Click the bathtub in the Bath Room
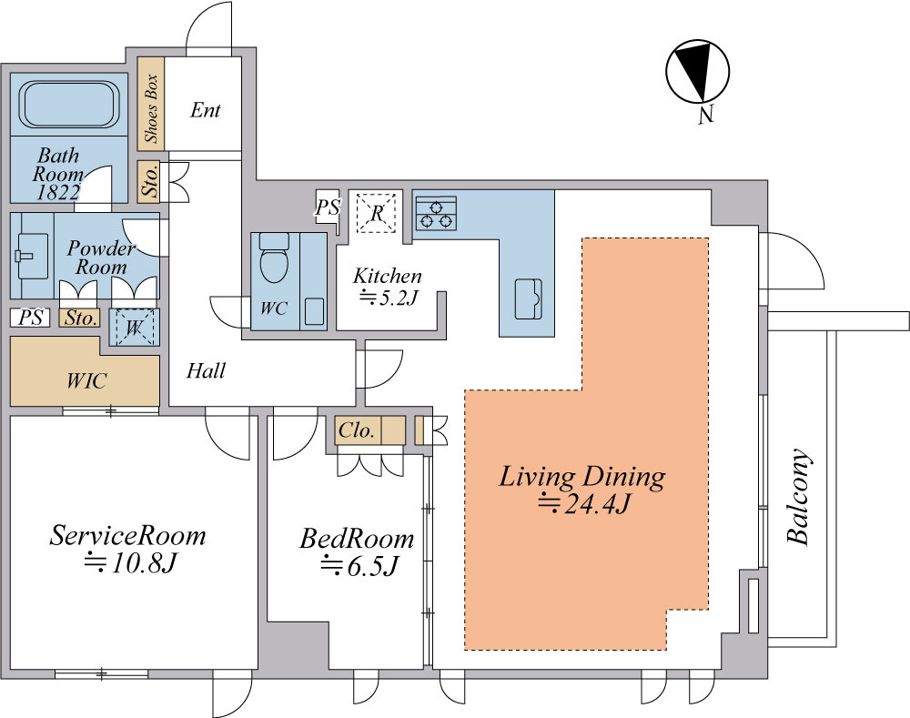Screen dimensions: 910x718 (70, 104)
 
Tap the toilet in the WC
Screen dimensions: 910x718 (274, 258)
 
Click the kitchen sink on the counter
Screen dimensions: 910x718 (528, 298)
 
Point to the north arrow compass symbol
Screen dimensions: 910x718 (697, 72)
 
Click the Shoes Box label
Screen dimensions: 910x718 (151, 108)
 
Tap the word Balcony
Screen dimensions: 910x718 (799, 496)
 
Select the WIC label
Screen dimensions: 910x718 (86, 380)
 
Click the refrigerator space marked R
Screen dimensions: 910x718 (377, 212)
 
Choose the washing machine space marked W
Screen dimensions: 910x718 (134, 328)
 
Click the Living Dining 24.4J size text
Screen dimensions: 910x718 (584, 504)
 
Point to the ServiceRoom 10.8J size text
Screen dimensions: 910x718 (130, 562)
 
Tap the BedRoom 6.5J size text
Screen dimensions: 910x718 (359, 565)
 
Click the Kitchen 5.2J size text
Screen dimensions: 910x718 (389, 298)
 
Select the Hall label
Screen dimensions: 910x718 (206, 370)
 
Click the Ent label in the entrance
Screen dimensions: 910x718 (206, 110)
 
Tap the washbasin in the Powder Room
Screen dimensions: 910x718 (32, 256)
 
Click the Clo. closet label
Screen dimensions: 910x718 (357, 430)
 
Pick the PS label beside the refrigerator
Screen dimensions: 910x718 (328, 207)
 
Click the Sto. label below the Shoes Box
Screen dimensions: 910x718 (150, 181)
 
